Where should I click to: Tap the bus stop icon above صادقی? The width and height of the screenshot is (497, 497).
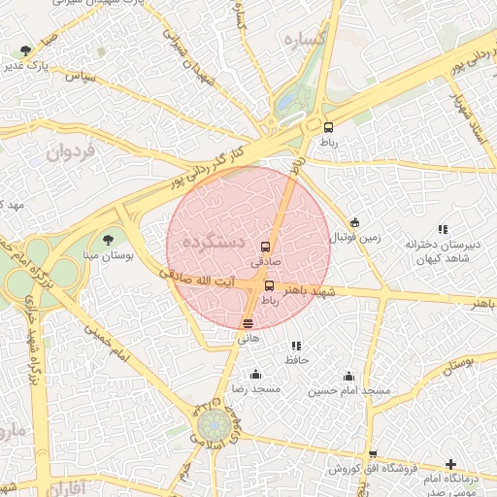265,247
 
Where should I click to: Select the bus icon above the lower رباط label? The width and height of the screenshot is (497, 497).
269,285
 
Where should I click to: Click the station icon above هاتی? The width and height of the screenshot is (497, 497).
248,323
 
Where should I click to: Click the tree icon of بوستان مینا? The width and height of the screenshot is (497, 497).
107,238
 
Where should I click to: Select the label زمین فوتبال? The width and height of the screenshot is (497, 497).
353,237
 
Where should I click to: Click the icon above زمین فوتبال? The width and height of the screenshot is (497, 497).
354,222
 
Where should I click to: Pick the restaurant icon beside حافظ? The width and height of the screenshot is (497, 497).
296,346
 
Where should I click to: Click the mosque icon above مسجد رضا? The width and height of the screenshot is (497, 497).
255,375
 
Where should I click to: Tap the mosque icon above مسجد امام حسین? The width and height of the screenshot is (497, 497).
348,376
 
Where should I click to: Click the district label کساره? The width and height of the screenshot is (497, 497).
303,39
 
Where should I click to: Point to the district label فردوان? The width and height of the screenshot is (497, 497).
71,151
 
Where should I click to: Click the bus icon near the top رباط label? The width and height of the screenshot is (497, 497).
328,127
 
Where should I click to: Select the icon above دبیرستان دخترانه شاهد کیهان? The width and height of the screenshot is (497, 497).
443,229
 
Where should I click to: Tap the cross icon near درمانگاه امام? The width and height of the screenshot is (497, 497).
449,465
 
